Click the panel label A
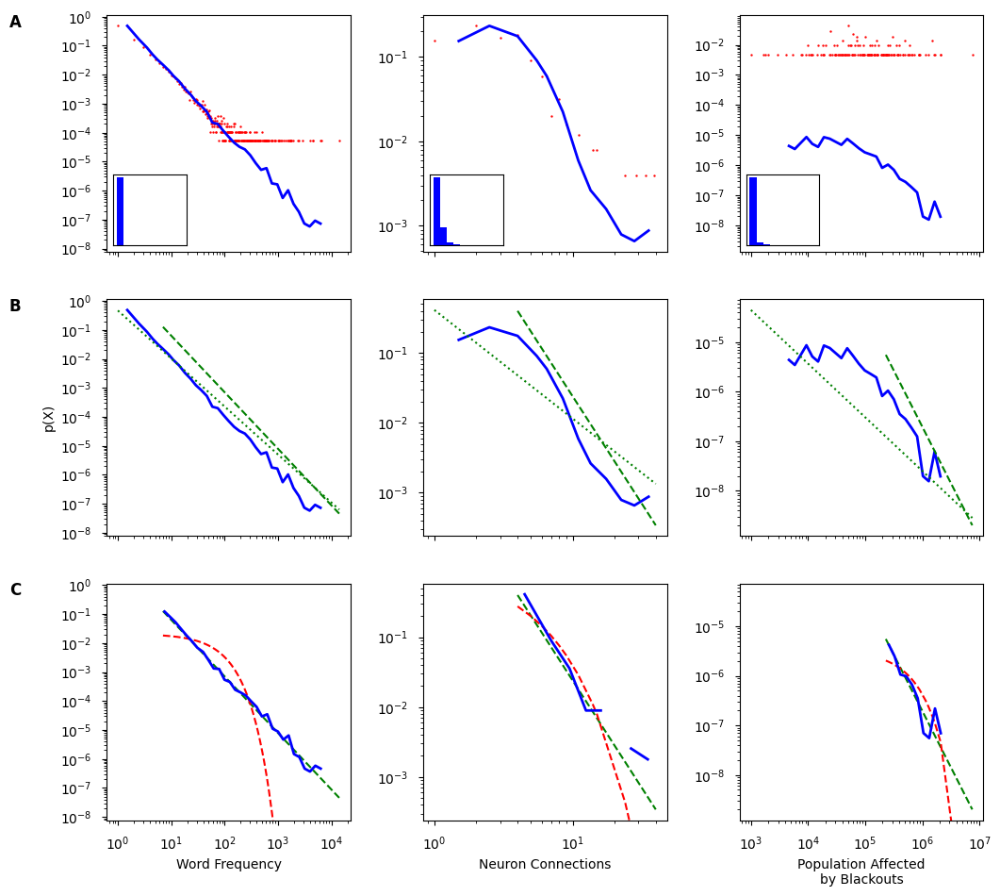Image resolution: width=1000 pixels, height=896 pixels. click(x=15, y=22)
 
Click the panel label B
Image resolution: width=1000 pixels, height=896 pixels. click(x=15, y=306)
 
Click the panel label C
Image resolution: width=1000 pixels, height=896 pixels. click(x=15, y=589)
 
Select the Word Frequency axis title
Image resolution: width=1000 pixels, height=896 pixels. click(x=228, y=864)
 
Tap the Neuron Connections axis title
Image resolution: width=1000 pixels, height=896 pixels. click(x=545, y=864)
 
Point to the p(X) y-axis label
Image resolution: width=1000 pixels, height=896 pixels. click(x=49, y=418)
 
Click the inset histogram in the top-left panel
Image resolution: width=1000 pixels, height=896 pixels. click(x=150, y=209)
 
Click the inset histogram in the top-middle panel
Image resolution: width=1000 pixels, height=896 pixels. click(x=467, y=209)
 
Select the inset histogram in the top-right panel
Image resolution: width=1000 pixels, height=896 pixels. click(x=783, y=209)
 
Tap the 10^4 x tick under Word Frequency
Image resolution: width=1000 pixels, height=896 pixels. click(x=330, y=842)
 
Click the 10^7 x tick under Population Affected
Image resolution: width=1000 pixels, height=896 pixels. click(x=979, y=842)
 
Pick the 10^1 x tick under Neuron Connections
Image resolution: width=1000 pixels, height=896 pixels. click(x=572, y=842)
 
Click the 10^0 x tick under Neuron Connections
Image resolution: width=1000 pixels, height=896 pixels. click(x=434, y=842)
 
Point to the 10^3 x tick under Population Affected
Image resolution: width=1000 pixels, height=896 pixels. click(x=750, y=842)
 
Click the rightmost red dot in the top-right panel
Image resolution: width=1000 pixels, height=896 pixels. click(x=973, y=55)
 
